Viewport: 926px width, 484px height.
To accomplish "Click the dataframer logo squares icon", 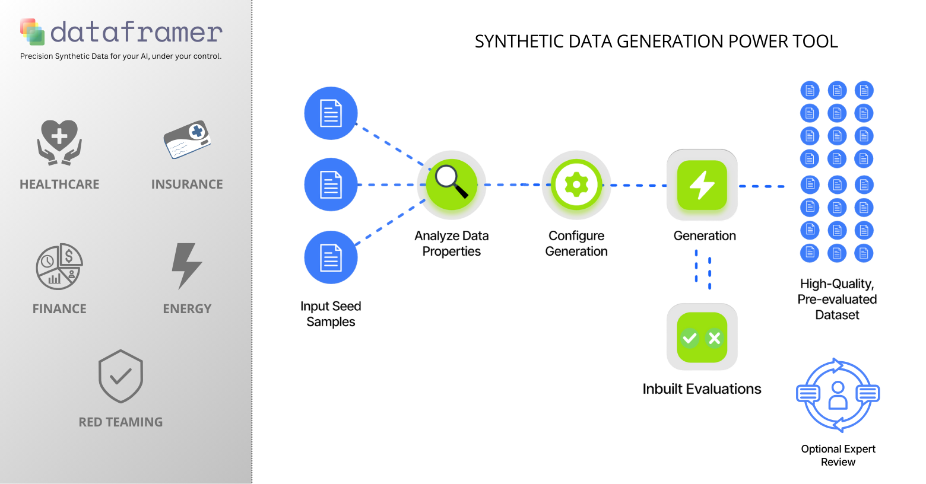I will (x=33, y=31).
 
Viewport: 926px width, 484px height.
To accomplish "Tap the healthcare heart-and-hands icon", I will (x=59, y=142).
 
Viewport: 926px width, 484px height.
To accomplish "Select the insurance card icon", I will (x=187, y=140).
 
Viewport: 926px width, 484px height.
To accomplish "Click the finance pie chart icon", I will (x=59, y=266).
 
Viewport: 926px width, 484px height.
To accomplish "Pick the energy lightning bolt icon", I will (x=187, y=266).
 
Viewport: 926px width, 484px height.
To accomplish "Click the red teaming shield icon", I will (x=120, y=377).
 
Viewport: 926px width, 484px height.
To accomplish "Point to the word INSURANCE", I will (x=187, y=184).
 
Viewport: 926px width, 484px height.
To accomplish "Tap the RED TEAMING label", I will (x=120, y=422).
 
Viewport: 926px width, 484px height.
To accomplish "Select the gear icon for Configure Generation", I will (x=576, y=185).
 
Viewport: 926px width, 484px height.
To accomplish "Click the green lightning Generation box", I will (x=702, y=185).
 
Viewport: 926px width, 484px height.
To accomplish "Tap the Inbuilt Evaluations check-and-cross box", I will (x=702, y=337).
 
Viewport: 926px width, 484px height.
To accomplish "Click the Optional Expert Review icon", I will (x=838, y=396).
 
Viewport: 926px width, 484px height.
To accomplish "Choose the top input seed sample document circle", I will (x=331, y=113).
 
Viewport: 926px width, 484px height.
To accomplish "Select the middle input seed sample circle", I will (x=331, y=184).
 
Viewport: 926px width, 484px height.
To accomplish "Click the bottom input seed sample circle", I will (x=331, y=257).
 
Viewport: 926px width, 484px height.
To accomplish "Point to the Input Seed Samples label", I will (x=331, y=314).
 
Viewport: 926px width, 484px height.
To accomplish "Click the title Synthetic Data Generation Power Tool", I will (x=656, y=42).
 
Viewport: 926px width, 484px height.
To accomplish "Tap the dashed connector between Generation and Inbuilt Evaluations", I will (x=703, y=270).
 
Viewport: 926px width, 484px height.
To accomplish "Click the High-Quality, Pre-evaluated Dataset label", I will (x=837, y=299).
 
